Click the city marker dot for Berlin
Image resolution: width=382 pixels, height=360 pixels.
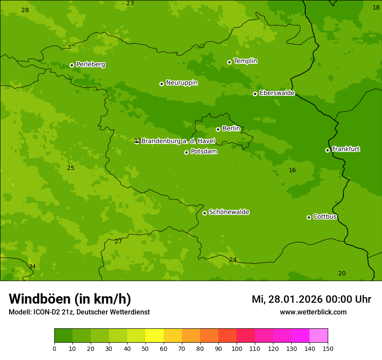[218, 129]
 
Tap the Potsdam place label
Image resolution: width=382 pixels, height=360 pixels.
[204, 151]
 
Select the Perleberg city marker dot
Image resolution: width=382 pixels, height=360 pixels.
[72, 65]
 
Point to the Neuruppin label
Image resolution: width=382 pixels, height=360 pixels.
[181, 83]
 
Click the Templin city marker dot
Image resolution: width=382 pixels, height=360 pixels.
[229, 62]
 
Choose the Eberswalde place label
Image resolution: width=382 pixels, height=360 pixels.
[277, 93]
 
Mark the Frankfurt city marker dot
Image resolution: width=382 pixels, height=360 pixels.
[327, 150]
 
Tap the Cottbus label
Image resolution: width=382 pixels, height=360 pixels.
[325, 216]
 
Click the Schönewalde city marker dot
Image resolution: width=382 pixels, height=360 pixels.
[204, 213]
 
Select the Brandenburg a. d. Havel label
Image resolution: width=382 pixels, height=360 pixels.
[178, 141]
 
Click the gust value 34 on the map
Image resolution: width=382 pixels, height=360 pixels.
[32, 266]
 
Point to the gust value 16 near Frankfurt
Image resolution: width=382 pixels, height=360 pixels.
[292, 170]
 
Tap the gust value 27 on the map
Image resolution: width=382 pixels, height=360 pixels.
[118, 242]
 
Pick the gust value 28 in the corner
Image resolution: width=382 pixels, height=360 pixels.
[25, 10]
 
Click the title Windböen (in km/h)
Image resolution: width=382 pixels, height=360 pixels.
[70, 299]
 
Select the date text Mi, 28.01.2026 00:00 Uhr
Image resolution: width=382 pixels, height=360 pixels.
[311, 299]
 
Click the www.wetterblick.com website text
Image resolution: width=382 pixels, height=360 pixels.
[313, 312]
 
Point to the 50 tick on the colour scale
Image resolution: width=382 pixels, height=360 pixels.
[145, 348]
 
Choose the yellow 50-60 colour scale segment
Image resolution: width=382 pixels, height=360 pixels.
[155, 336]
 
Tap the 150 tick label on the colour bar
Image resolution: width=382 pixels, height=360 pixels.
[328, 348]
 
